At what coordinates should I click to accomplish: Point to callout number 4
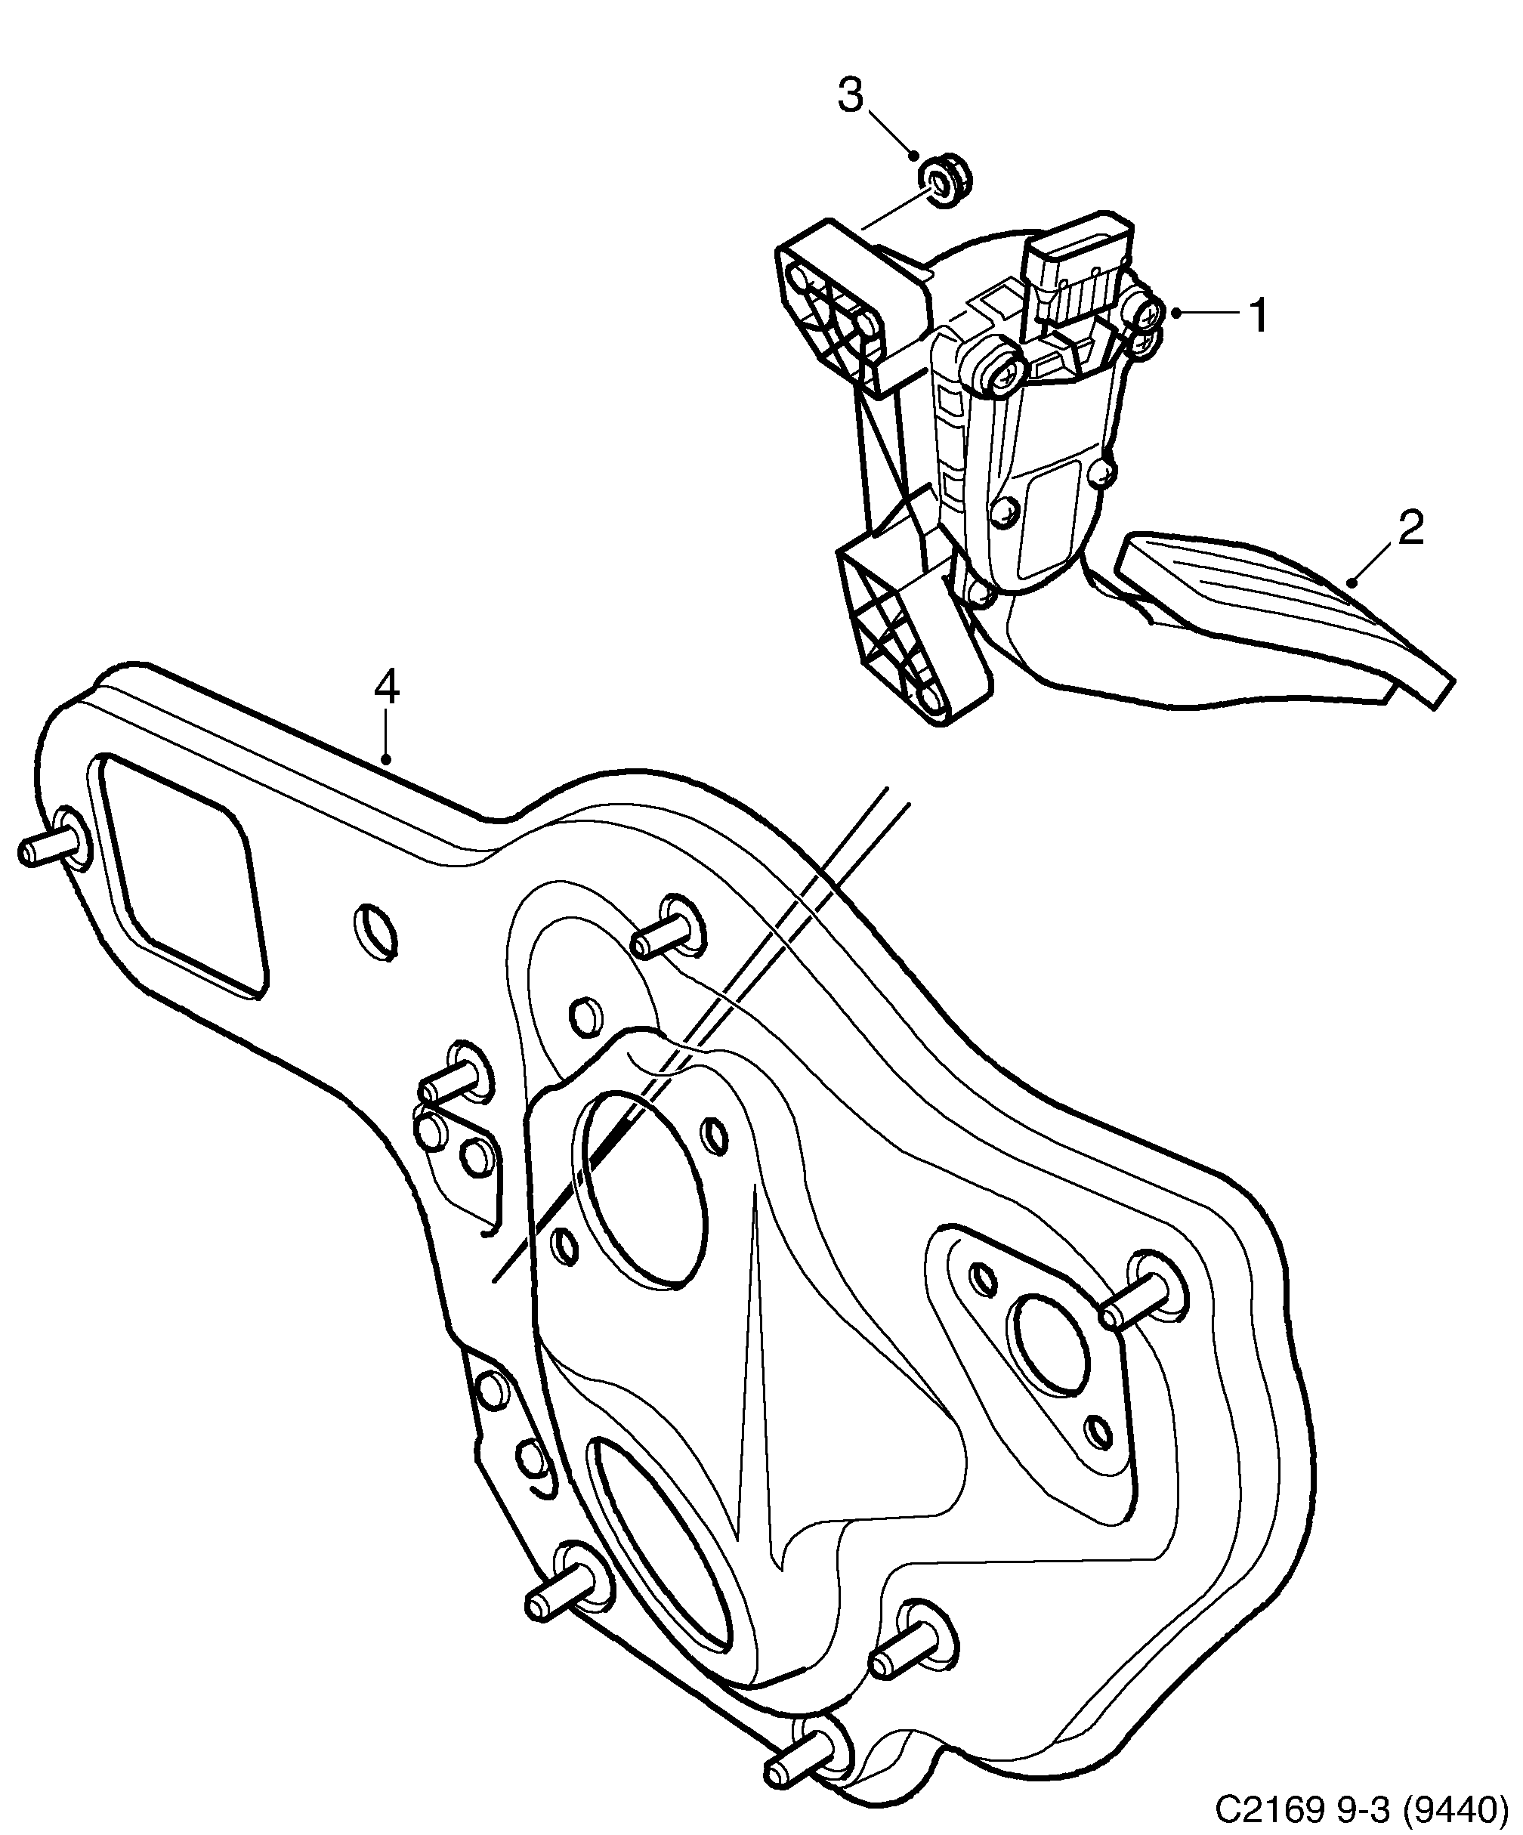(386, 687)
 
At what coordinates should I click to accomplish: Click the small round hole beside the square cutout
(375, 928)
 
